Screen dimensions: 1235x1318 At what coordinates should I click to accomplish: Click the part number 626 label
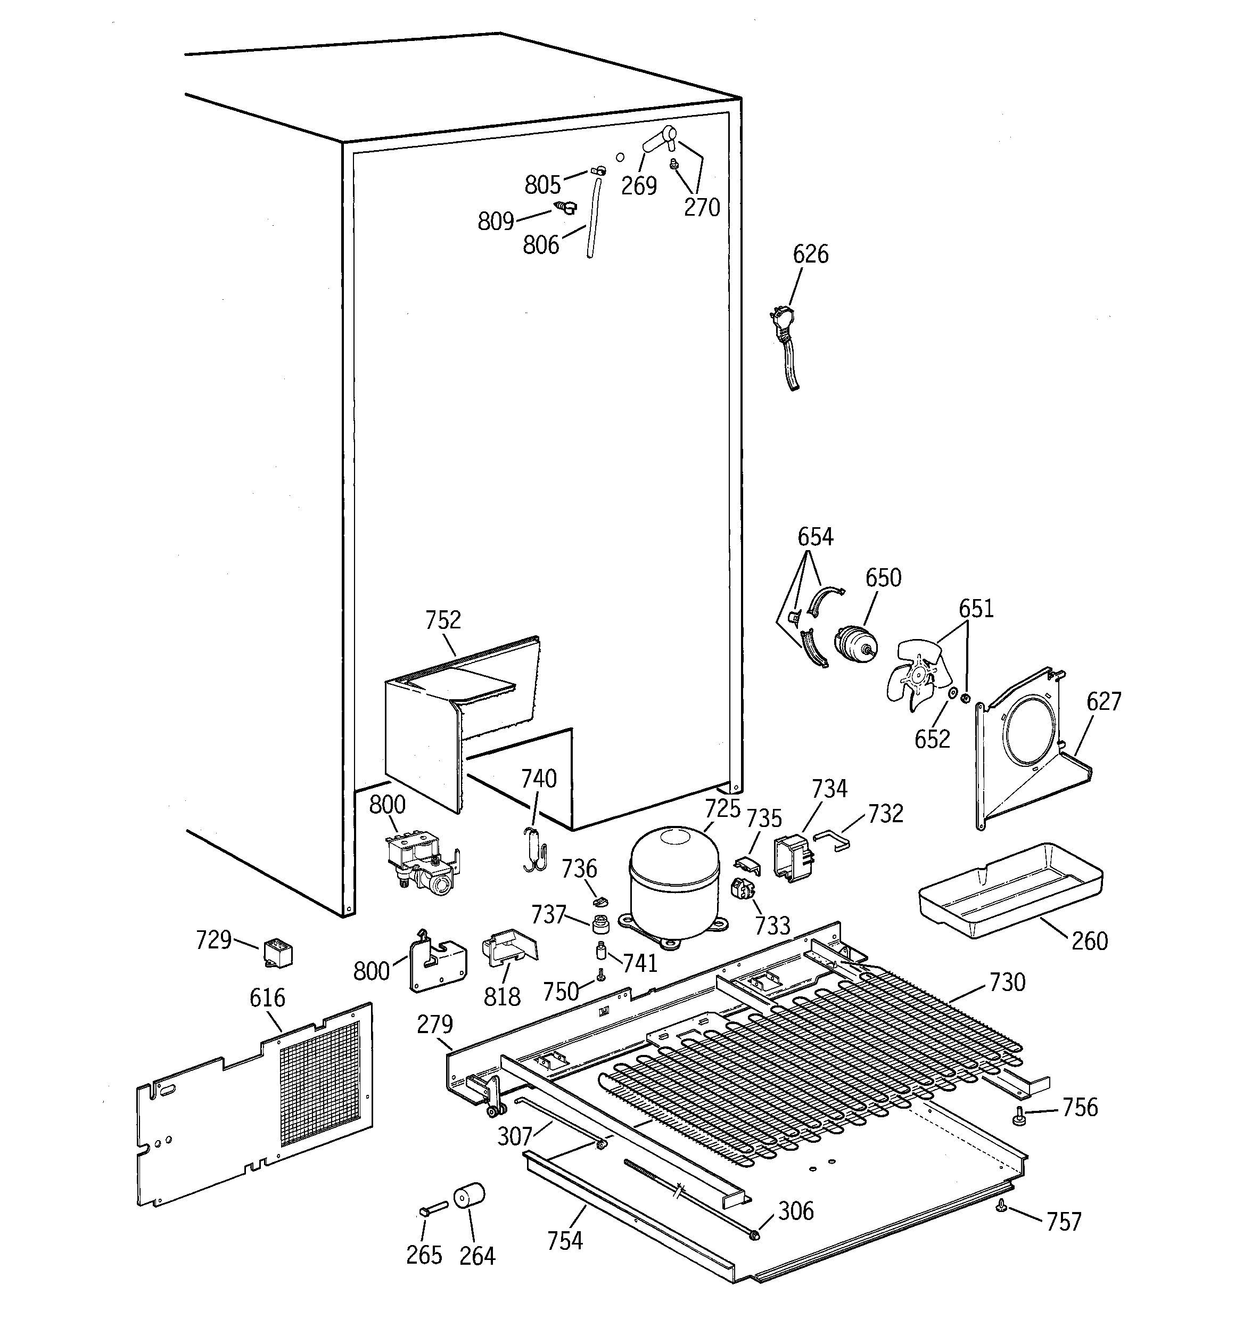pyautogui.click(x=811, y=254)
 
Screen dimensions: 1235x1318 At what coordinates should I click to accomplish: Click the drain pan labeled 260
pyautogui.click(x=1011, y=890)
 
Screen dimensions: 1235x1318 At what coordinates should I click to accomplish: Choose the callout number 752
pyautogui.click(x=443, y=620)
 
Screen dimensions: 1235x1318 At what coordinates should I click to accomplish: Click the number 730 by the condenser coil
pyautogui.click(x=1007, y=982)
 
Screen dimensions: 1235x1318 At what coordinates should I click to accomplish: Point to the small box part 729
pyautogui.click(x=278, y=953)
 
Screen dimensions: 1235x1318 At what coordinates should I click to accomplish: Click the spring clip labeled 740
pyautogui.click(x=534, y=849)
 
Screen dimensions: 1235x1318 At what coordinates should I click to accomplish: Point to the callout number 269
pyautogui.click(x=639, y=186)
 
